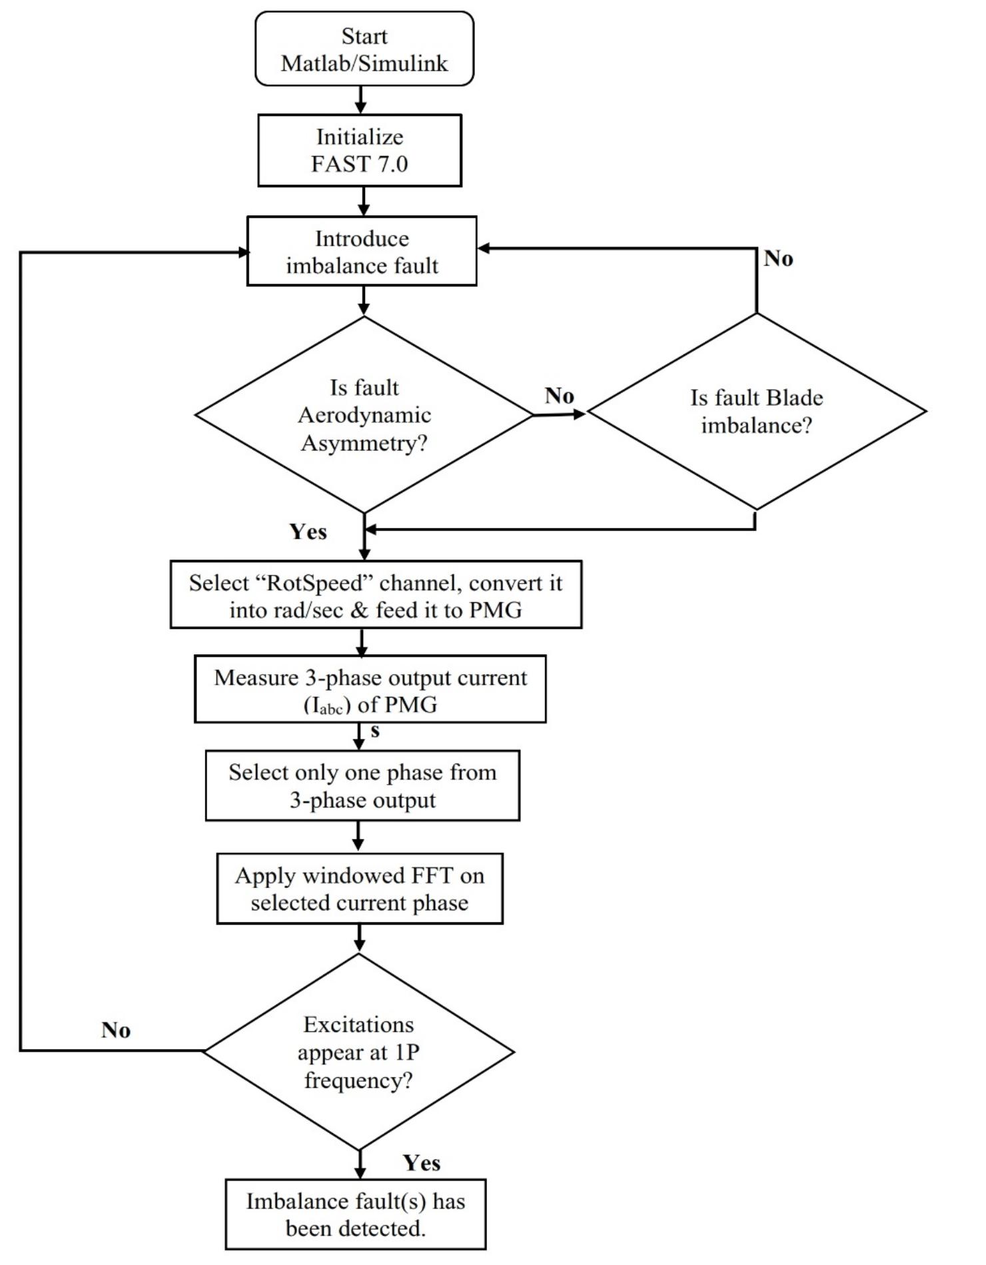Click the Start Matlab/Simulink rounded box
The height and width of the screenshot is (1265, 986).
click(x=364, y=49)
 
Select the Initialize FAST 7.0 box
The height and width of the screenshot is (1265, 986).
click(x=360, y=150)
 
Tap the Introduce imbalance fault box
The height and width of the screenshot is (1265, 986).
click(x=362, y=251)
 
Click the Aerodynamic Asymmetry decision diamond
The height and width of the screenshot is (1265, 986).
click(x=364, y=414)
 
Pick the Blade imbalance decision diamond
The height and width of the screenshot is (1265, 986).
click(x=756, y=411)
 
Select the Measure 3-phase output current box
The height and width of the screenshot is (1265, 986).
click(x=370, y=689)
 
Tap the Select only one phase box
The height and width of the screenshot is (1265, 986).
click(x=362, y=785)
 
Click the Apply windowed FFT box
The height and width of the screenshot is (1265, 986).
click(x=360, y=888)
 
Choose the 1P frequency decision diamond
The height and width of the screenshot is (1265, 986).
click(x=358, y=1052)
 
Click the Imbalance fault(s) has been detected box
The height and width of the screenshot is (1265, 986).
click(x=356, y=1214)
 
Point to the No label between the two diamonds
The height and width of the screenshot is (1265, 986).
click(x=559, y=396)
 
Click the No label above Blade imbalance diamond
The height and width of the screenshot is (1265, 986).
click(x=778, y=258)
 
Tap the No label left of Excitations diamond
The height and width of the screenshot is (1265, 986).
click(x=116, y=1030)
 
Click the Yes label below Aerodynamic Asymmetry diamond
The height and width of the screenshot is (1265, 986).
click(x=308, y=532)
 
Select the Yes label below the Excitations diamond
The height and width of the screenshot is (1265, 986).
click(x=421, y=1163)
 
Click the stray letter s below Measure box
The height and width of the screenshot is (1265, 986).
click(x=375, y=731)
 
